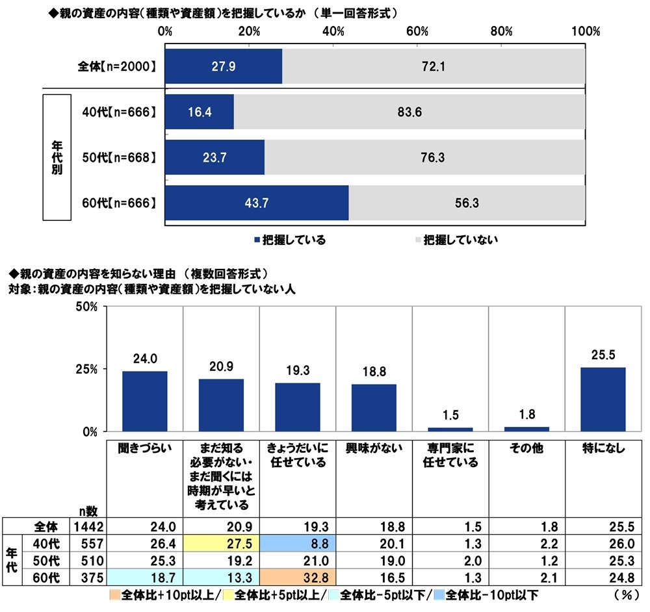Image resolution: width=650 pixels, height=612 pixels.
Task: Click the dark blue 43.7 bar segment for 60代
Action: [x=257, y=203]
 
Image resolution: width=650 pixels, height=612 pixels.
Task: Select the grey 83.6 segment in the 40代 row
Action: [x=409, y=112]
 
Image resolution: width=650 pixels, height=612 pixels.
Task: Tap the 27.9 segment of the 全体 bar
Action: [x=224, y=66]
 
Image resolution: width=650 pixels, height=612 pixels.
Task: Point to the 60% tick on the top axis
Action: [x=417, y=31]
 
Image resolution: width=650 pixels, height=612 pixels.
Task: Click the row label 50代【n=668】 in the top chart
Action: [x=115, y=158]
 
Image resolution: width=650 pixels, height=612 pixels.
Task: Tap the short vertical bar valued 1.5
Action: [x=450, y=429]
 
